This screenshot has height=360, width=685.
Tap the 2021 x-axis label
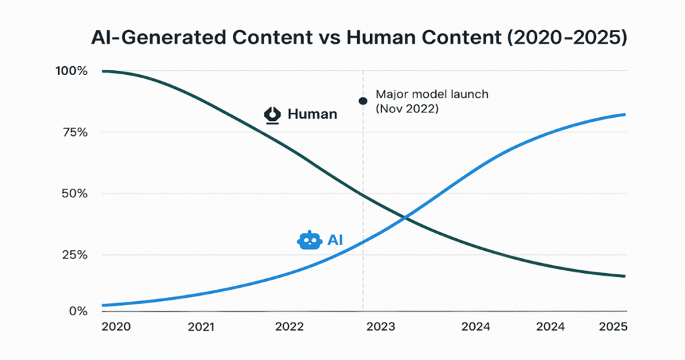(x=201, y=327)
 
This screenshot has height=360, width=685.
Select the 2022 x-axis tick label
(x=290, y=327)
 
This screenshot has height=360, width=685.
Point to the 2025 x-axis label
(x=612, y=327)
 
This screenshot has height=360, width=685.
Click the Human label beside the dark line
(x=312, y=114)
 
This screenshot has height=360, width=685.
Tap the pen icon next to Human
(x=272, y=115)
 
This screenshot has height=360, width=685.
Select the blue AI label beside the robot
(x=335, y=240)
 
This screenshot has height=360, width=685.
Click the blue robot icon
(x=308, y=240)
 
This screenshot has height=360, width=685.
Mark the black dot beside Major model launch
(x=363, y=101)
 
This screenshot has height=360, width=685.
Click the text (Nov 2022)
(x=407, y=108)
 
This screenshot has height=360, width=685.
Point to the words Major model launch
(x=432, y=94)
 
